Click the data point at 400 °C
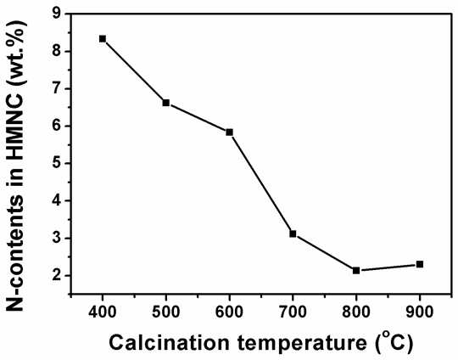click(x=103, y=39)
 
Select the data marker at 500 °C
click(x=166, y=103)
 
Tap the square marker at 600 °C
click(x=229, y=132)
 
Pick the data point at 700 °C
click(x=293, y=233)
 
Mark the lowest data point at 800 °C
click(x=356, y=271)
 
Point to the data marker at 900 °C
click(x=420, y=264)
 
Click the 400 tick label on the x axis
click(x=103, y=312)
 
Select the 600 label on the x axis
click(x=229, y=312)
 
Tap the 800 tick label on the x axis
click(x=356, y=312)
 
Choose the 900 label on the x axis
click(x=420, y=312)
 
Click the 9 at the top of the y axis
click(x=57, y=14)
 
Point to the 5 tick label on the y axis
click(x=57, y=163)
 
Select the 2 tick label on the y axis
click(x=57, y=275)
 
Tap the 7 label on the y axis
click(x=57, y=88)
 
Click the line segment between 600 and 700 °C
click(x=261, y=183)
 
